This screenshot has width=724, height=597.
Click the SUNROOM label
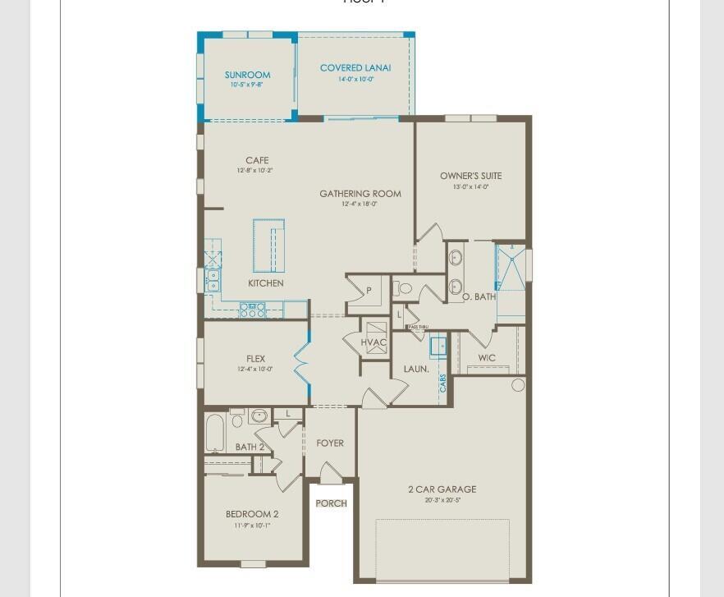point(247,75)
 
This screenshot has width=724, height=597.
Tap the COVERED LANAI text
point(355,68)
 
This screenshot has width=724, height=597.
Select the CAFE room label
point(257,161)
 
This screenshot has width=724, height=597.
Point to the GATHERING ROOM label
point(360,194)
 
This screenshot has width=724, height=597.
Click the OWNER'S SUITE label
point(470,176)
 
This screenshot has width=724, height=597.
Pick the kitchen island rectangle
point(268,246)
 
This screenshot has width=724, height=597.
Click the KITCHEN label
point(266,283)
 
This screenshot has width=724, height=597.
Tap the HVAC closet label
point(373,342)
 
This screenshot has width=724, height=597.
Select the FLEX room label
point(255,359)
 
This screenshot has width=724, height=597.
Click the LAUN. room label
point(416,370)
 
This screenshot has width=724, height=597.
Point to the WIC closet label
point(487,358)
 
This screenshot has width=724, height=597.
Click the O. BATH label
point(479,296)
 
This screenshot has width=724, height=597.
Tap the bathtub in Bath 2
point(215,432)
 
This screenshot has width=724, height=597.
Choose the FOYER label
point(330,443)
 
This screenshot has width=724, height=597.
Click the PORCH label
point(332,503)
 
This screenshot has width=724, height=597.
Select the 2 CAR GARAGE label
point(442,489)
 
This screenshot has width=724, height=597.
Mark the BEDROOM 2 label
point(252,515)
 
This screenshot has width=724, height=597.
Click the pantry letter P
point(369,291)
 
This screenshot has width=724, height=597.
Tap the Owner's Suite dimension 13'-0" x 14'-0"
point(470,187)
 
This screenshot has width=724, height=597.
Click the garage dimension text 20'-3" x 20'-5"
point(442,500)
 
